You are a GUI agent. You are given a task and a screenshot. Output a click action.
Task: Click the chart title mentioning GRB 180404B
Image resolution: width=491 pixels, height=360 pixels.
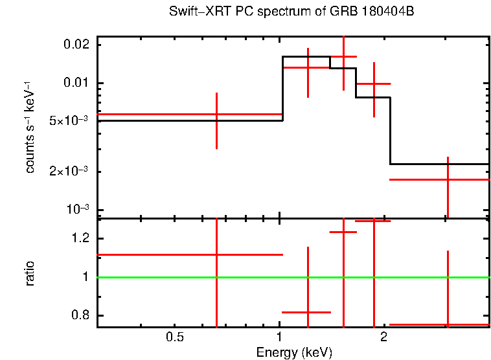(295, 12)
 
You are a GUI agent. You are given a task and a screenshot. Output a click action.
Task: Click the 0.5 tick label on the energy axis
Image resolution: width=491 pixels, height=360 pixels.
(174, 337)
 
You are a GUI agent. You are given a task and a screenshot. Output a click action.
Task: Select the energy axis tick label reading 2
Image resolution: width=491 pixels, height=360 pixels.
(383, 337)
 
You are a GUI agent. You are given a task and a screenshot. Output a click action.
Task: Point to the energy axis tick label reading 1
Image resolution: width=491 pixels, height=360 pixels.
(279, 337)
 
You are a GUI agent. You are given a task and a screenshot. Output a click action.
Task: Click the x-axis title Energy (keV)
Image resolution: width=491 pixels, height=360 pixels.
(294, 352)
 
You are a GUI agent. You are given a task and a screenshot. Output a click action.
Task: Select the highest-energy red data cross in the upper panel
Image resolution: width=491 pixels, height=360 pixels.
(448, 179)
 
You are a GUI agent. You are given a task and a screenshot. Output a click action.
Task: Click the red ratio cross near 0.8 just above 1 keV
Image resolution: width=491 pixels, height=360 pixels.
(308, 312)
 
